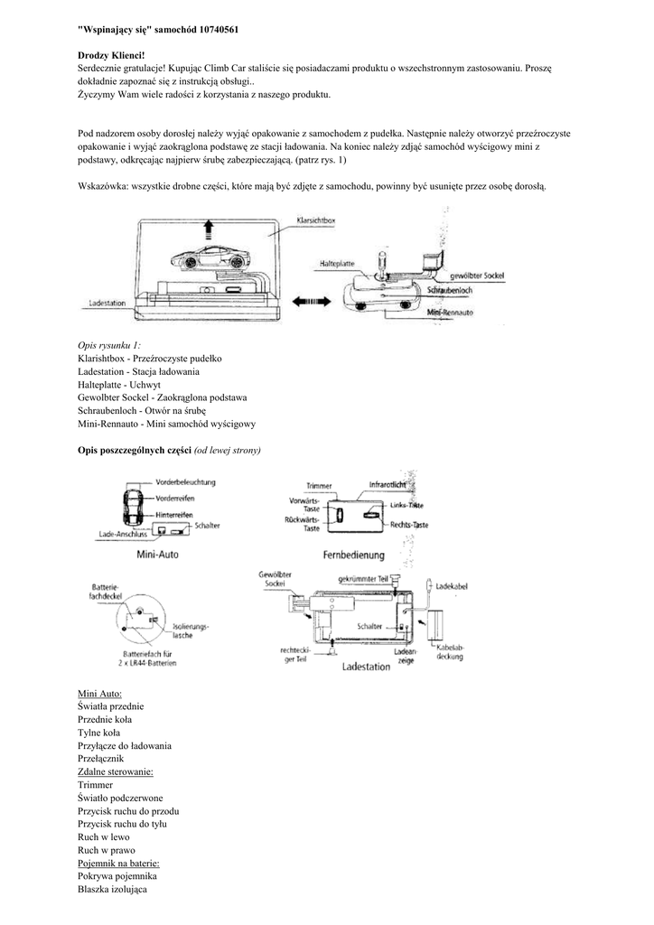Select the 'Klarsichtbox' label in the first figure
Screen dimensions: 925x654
[x=319, y=220]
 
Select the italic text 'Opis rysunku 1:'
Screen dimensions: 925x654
[x=109, y=346]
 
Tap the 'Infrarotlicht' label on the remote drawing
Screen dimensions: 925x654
[x=387, y=485]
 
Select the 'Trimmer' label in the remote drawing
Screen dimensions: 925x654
[x=320, y=485]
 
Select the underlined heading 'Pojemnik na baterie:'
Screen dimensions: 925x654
[x=118, y=864]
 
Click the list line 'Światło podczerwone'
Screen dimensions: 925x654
[x=120, y=799]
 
